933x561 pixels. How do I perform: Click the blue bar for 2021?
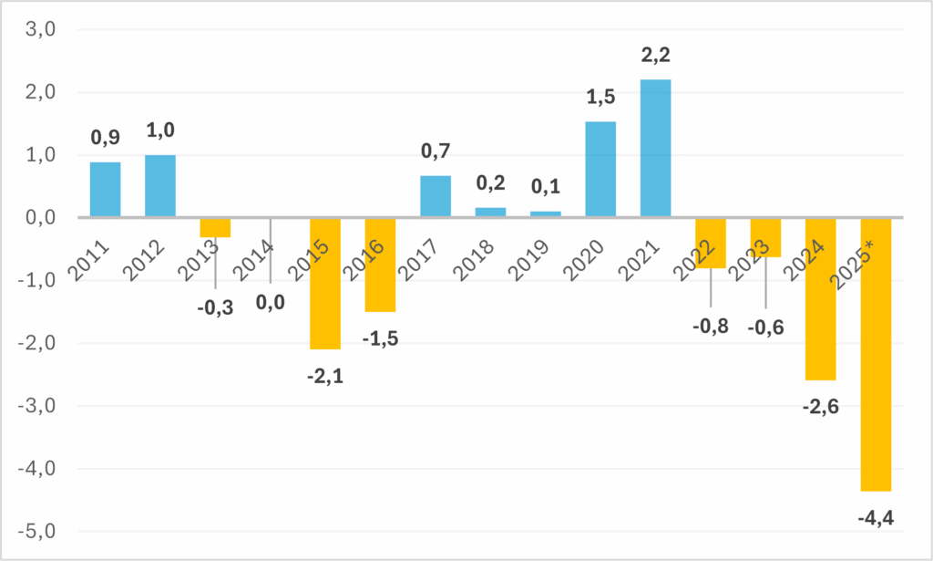[655, 149]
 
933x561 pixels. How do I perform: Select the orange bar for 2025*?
[876, 354]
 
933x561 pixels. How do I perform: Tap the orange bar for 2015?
[325, 284]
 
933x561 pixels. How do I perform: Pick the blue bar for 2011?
[106, 190]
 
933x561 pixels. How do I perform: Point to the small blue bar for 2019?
[545, 213]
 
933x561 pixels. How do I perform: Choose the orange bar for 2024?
[821, 299]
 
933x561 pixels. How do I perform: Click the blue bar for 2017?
[436, 196]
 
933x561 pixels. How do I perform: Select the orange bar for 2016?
[380, 265]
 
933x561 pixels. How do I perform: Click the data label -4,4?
[876, 519]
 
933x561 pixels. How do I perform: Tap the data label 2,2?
[656, 55]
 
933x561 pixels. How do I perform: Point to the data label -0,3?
[215, 308]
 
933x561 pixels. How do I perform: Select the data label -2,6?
[821, 407]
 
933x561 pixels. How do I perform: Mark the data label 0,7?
[436, 151]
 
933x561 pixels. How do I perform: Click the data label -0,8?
[711, 327]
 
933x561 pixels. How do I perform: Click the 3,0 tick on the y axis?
[40, 29]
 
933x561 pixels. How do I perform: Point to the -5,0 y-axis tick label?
[36, 531]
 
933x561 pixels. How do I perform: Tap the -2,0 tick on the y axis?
[36, 343]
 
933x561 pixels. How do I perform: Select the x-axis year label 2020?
[583, 260]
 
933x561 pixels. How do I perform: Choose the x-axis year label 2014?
[253, 260]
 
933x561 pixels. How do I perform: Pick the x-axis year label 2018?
[473, 260]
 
